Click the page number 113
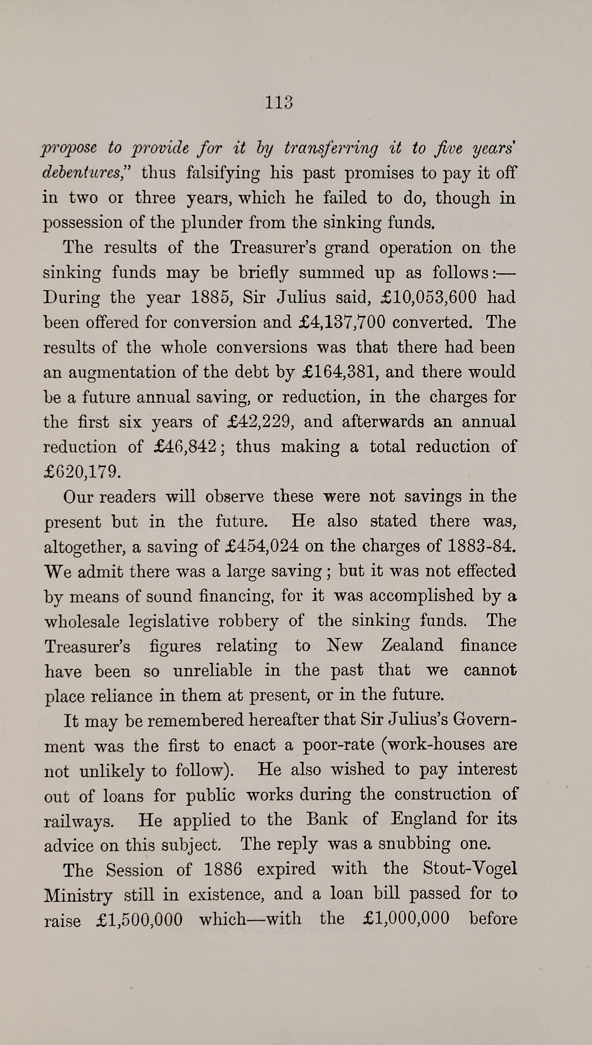[280, 103]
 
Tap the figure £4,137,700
[341, 322]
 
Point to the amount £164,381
[337, 372]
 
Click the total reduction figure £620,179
[81, 471]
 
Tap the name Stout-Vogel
[470, 868]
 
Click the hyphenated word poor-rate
[338, 745]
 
